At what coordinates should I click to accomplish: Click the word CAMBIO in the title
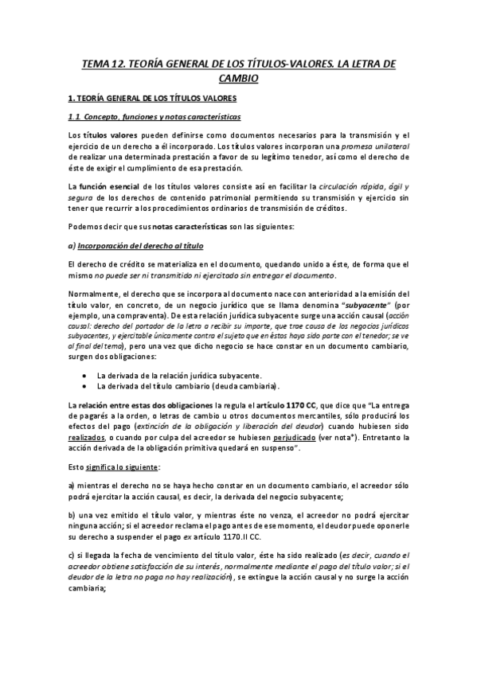pos(238,79)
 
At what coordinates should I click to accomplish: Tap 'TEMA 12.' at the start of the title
pos(104,63)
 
